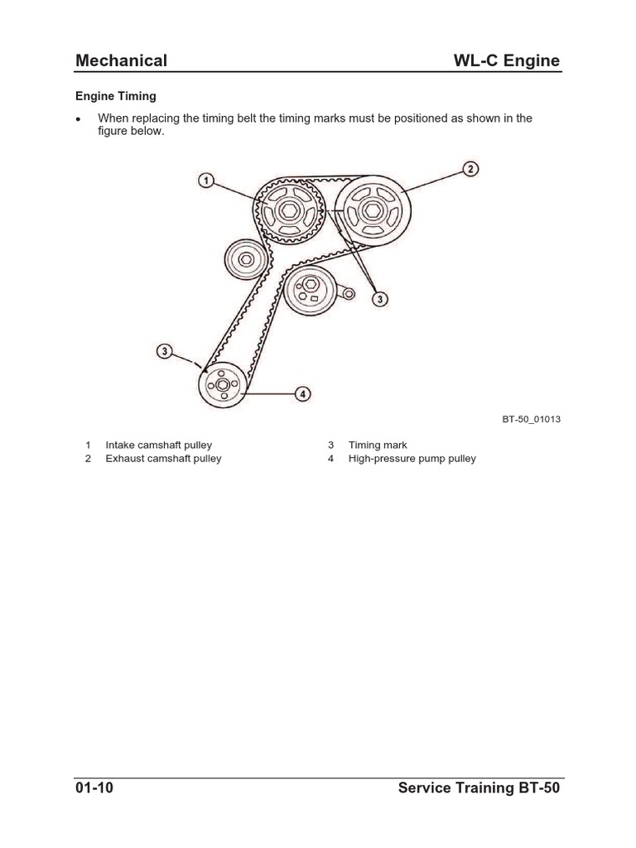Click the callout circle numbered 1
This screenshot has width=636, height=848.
[x=206, y=180]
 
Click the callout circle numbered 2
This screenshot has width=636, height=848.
[x=470, y=170]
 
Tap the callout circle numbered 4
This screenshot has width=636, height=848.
[x=304, y=394]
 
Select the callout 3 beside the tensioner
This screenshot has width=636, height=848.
[x=380, y=299]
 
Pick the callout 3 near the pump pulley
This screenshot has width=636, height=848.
[x=165, y=352]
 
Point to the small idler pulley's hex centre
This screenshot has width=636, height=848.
[x=247, y=262]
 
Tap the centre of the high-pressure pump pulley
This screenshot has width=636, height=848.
[x=222, y=385]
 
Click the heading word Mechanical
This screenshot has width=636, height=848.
[x=121, y=60]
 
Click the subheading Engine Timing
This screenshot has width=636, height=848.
[x=116, y=97]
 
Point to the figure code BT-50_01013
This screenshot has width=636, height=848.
[x=531, y=419]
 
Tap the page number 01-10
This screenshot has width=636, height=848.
[x=94, y=788]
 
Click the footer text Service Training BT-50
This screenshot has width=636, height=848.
[x=479, y=788]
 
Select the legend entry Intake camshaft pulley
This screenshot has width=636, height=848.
[x=159, y=446]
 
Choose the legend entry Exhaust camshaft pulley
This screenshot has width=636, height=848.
[x=163, y=459]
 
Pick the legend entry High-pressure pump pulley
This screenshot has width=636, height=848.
[x=412, y=459]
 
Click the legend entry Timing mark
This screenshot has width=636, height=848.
[x=378, y=446]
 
